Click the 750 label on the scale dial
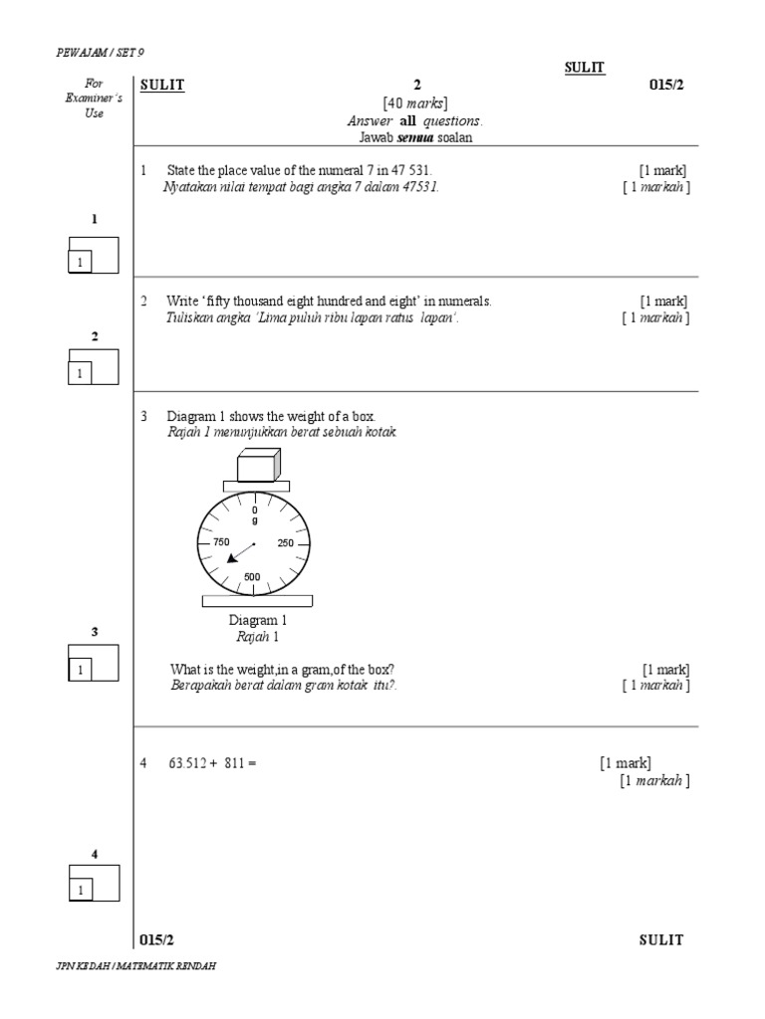click(221, 542)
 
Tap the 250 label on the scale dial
click(286, 543)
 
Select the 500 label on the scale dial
click(252, 577)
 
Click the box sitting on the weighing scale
click(258, 464)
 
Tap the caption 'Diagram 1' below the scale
click(258, 621)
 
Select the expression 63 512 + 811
click(212, 763)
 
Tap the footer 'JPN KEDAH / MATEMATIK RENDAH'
click(136, 966)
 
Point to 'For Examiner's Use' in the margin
click(95, 99)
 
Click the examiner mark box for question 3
click(93, 663)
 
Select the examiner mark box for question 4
click(93, 883)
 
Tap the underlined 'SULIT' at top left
click(163, 85)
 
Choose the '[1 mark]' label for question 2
click(663, 301)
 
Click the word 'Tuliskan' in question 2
click(188, 317)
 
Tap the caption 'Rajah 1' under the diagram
click(257, 637)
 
